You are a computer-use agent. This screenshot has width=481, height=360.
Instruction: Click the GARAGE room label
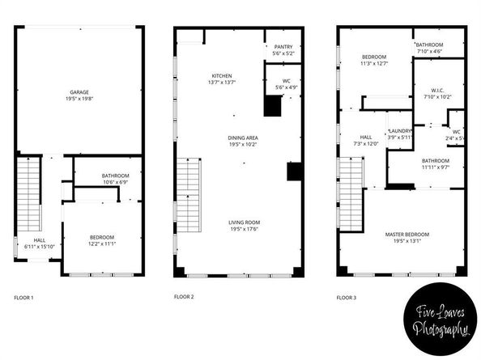click(x=79, y=93)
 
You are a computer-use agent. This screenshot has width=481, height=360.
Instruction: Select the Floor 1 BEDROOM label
click(x=102, y=237)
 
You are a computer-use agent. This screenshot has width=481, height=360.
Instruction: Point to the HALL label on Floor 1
click(x=39, y=239)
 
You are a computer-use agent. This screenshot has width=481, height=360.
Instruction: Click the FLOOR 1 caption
click(x=23, y=298)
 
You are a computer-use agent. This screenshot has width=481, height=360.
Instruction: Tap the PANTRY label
click(x=283, y=48)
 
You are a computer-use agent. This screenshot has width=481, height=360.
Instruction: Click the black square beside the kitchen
click(x=272, y=104)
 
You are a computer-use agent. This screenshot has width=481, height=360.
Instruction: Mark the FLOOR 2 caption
click(x=184, y=298)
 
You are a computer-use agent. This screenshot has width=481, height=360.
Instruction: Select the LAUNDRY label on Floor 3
click(x=400, y=131)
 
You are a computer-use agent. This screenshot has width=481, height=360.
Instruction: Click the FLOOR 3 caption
click(x=347, y=298)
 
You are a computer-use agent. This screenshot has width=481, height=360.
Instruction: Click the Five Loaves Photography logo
click(x=441, y=320)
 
